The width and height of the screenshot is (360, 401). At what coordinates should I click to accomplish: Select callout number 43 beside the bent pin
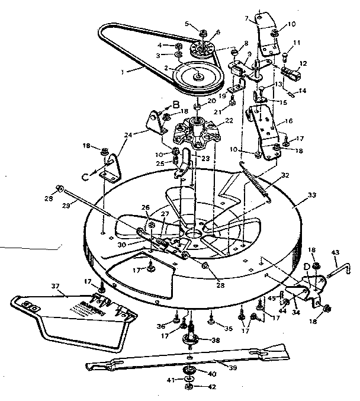pos(335,253)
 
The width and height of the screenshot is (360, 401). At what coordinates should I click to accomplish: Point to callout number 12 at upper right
pos(304,63)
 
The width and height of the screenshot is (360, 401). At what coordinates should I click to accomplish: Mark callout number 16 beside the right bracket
pos(290,120)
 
